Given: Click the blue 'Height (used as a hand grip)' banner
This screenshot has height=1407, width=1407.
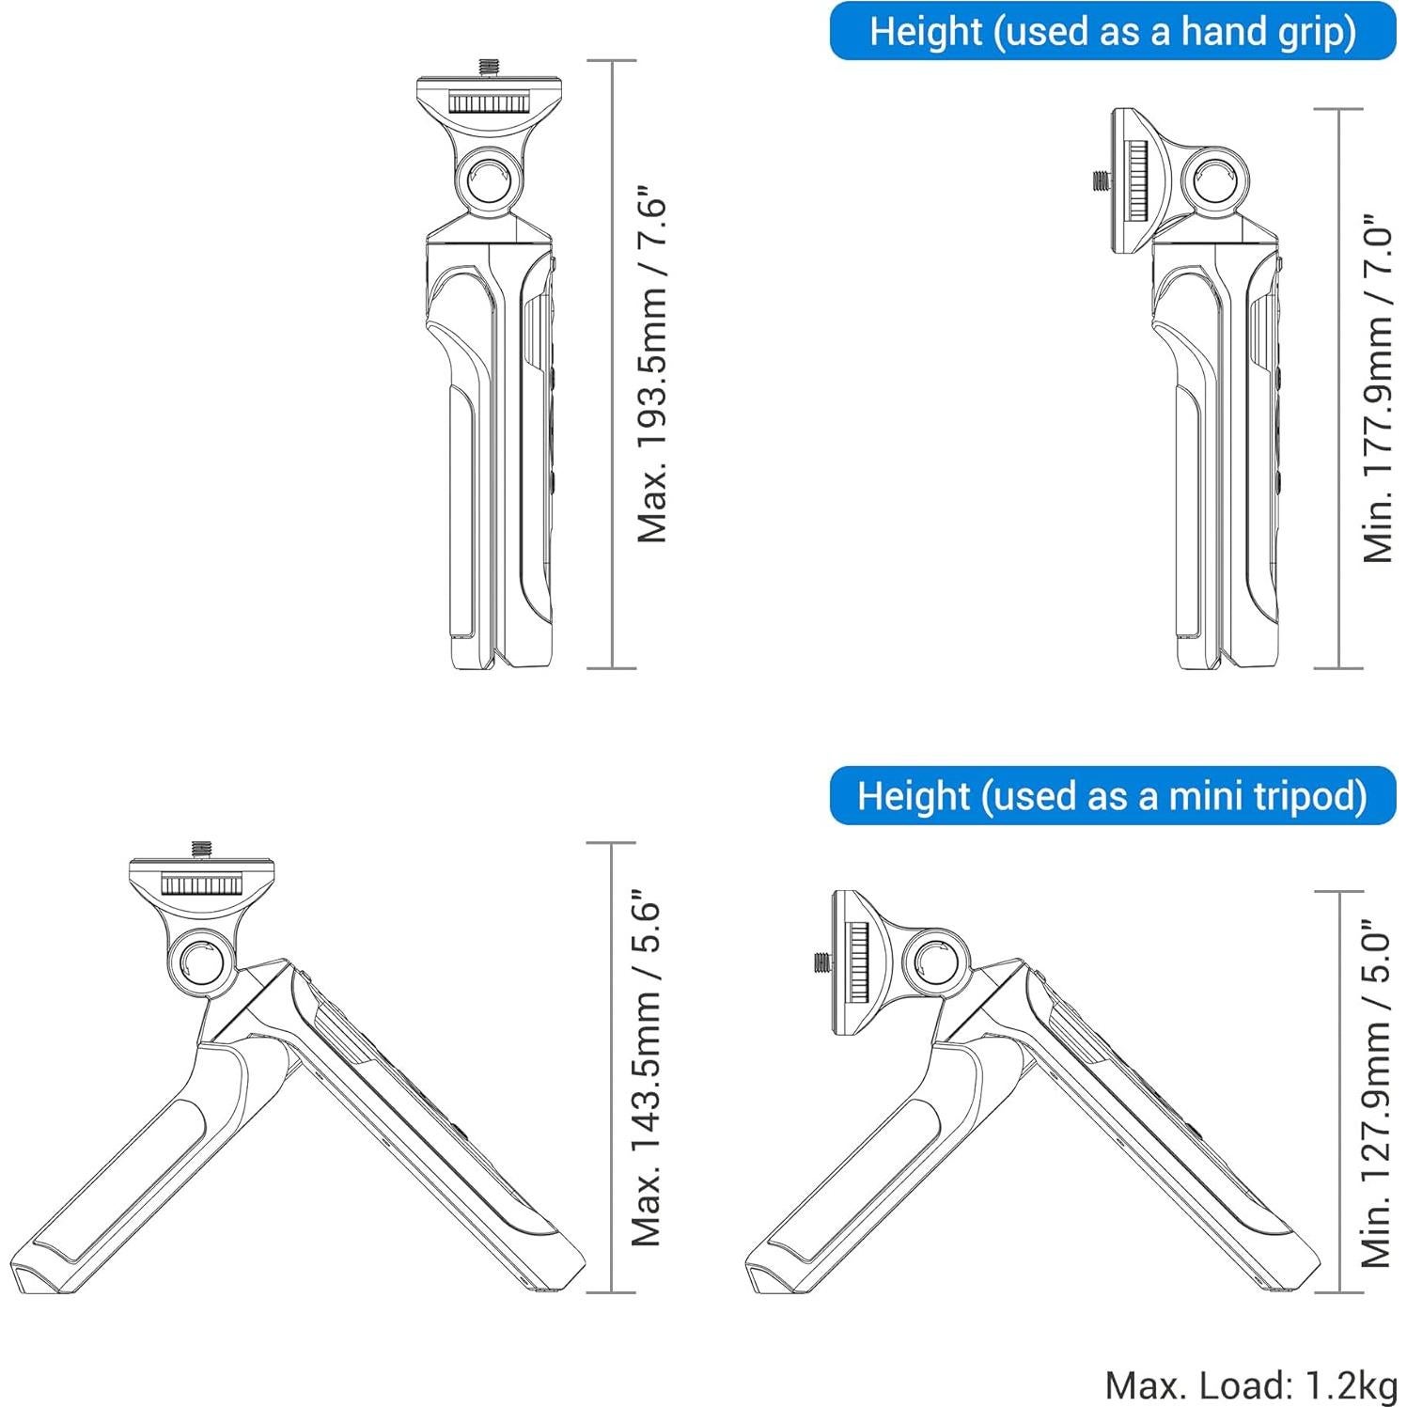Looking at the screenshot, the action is (1113, 31).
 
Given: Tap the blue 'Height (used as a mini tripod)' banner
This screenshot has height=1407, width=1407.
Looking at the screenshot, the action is (1113, 796).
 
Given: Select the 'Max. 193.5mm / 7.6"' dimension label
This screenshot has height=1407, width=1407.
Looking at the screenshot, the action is (651, 369).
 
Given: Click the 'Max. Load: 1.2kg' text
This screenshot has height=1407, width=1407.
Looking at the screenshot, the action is (1251, 1384).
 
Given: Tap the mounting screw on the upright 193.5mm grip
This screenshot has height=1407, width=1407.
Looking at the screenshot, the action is (489, 69).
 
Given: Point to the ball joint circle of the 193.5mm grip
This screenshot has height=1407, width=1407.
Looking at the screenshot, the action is (489, 179).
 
